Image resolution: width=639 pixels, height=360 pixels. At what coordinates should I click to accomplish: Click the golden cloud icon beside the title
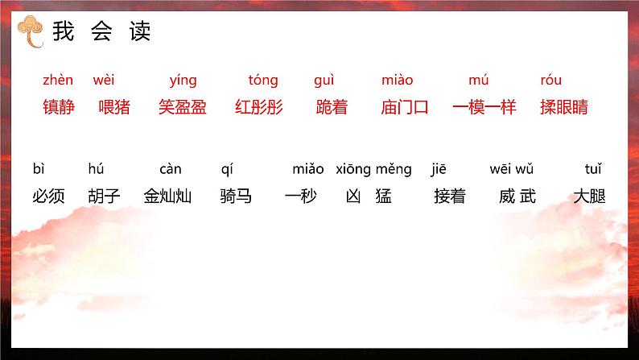click(31, 31)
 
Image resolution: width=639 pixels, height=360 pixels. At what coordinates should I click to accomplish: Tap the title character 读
click(140, 31)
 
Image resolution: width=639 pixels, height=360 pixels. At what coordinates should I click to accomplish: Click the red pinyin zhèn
click(58, 80)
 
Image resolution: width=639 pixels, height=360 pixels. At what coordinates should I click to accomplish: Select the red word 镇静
click(59, 107)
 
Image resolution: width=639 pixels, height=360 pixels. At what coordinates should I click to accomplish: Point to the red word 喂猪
click(114, 107)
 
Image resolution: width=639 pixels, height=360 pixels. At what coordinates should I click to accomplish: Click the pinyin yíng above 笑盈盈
click(183, 81)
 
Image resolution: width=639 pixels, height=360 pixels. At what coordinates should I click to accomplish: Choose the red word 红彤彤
click(259, 107)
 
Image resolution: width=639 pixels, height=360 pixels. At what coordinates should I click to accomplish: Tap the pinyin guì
click(324, 81)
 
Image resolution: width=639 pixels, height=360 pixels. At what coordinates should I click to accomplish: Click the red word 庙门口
click(405, 107)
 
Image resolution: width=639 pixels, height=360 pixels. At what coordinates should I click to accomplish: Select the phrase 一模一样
click(484, 107)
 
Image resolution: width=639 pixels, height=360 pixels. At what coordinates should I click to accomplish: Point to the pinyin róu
click(551, 80)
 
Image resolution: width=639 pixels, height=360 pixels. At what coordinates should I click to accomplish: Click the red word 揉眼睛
click(564, 107)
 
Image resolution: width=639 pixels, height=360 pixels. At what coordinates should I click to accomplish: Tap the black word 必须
click(48, 196)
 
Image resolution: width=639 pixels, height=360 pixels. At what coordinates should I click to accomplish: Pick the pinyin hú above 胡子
click(96, 168)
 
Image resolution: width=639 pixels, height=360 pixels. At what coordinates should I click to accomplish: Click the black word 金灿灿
click(167, 196)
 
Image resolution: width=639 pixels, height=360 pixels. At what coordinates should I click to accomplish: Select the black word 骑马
click(236, 196)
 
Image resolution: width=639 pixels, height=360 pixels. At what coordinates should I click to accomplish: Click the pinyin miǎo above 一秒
click(308, 169)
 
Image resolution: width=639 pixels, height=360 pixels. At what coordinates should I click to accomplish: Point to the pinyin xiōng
click(353, 169)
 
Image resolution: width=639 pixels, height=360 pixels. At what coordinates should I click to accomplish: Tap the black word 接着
click(450, 196)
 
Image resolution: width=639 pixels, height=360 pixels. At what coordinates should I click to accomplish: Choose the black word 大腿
click(589, 196)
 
